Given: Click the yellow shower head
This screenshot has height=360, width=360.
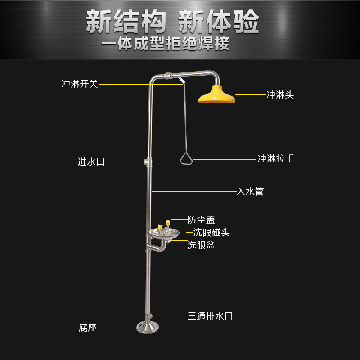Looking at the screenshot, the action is (x=217, y=95).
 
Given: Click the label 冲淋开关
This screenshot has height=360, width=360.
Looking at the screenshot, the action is (x=80, y=84).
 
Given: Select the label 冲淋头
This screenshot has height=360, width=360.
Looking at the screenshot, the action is (x=280, y=94).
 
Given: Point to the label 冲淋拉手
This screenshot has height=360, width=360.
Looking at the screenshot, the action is (x=276, y=158).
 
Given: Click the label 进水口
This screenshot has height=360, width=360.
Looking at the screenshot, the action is (x=91, y=162).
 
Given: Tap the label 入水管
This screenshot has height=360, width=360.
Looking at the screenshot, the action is (x=250, y=192).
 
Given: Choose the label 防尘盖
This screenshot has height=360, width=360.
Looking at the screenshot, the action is (x=201, y=220).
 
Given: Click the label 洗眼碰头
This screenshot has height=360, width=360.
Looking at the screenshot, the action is (x=211, y=232).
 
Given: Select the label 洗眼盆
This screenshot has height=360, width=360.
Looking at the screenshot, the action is (x=201, y=245).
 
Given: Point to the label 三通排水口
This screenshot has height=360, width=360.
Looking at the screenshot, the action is (x=210, y=316).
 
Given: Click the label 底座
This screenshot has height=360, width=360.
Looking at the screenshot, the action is (x=87, y=328).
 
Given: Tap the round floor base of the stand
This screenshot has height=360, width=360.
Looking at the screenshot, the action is (x=148, y=327).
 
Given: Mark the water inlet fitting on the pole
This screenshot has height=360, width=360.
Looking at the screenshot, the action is (x=148, y=162).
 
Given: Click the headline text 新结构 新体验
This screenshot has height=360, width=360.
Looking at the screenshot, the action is (x=172, y=22).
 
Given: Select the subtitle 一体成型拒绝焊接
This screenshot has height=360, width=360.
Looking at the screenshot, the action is (x=165, y=44).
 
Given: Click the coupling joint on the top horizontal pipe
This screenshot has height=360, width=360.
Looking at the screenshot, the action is (x=168, y=76).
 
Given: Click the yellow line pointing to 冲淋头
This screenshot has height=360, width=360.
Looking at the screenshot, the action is (x=251, y=94).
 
